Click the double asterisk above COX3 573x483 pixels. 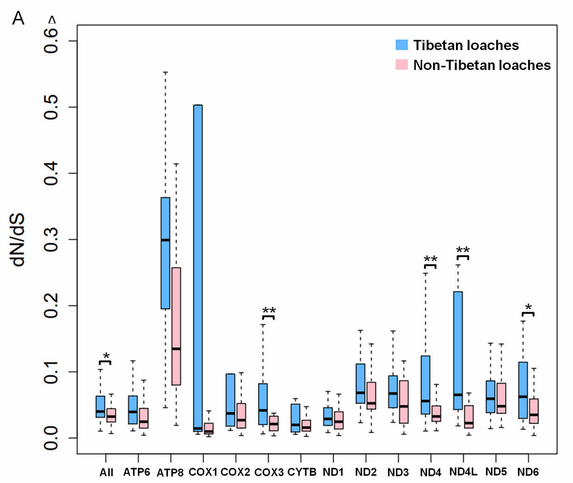(269, 310)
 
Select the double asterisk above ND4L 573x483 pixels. (462, 250)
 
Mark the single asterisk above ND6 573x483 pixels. (528, 307)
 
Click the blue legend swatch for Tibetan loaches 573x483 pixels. (401, 45)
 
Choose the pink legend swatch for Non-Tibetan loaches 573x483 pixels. (401, 65)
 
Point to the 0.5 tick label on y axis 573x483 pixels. (51, 107)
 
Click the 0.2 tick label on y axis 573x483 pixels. (51, 305)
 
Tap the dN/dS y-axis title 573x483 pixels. (18, 239)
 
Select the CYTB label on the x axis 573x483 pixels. (302, 472)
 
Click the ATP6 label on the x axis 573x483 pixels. (136, 472)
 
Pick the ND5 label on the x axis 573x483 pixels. (496, 472)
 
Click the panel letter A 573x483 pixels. (18, 19)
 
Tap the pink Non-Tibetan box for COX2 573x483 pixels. (241, 415)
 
